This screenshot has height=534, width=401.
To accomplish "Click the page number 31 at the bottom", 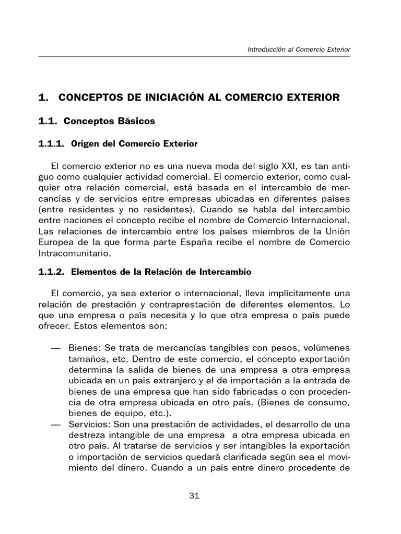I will (194, 496).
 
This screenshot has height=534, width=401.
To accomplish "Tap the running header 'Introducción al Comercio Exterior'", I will (299, 50).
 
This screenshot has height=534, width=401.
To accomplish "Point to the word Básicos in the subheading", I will (137, 121).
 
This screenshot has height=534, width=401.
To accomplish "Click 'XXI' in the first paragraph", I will (287, 166).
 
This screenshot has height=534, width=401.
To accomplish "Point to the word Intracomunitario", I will (73, 253).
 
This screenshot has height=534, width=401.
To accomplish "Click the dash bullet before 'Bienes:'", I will (55, 348).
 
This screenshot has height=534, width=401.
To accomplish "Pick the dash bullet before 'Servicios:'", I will (55, 425).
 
